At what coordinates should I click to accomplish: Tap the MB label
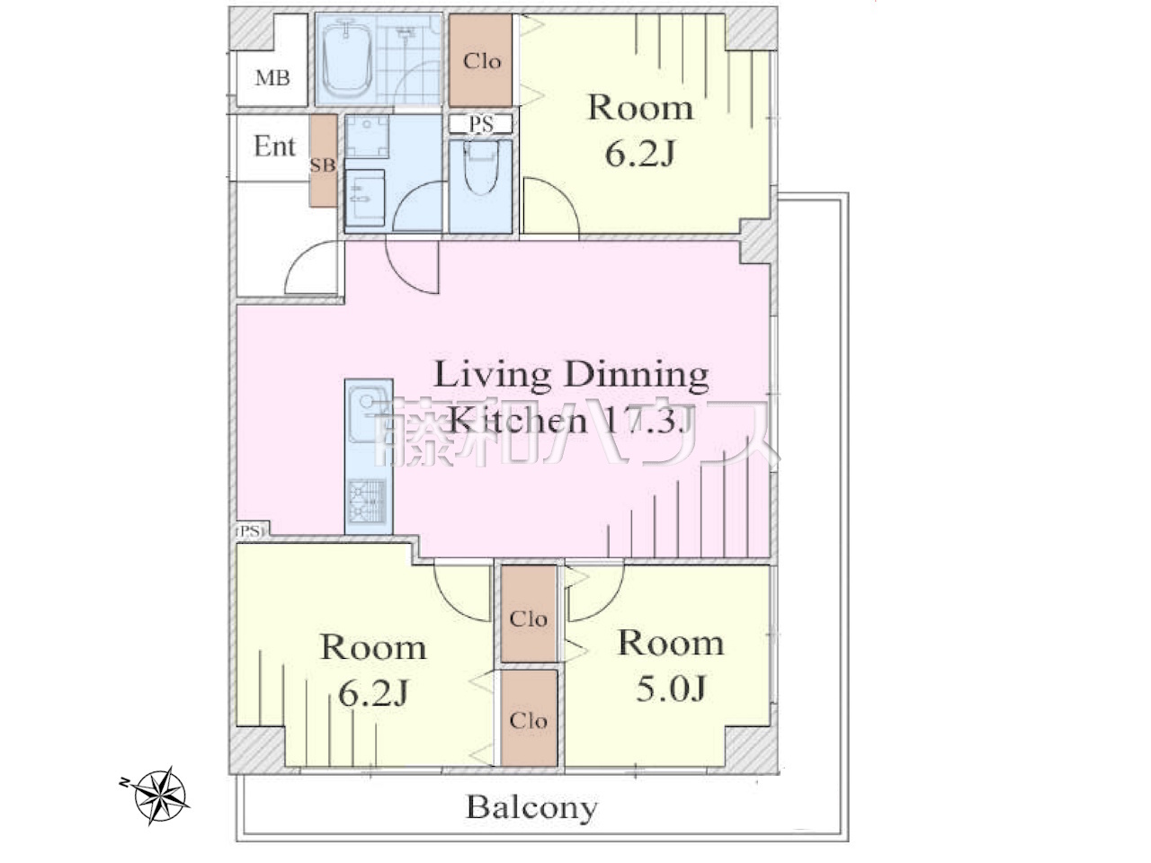pos(272,78)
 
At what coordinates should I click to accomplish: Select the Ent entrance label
pos(274,147)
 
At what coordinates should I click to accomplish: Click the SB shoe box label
pos(323,165)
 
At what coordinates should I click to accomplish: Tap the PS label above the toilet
pos(480,124)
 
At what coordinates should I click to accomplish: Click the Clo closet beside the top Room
pos(480,61)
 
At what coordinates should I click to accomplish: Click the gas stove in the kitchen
pos(368,500)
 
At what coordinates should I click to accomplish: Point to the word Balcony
pos(531,806)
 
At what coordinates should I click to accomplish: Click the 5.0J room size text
pos(671,688)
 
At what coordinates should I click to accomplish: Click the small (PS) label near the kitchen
pos(250,530)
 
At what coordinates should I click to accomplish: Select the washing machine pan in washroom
pos(367,137)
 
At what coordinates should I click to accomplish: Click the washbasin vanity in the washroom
pos(365,197)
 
